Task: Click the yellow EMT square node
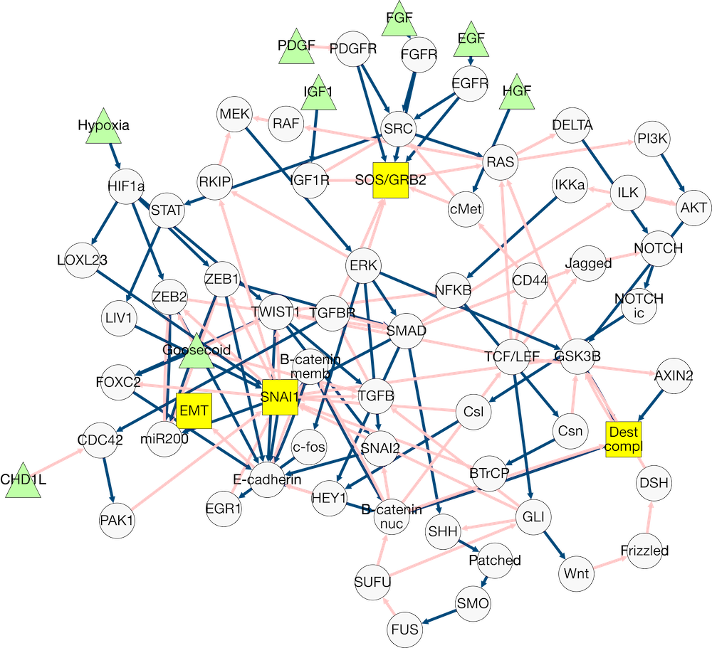(x=194, y=411)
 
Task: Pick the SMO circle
(x=473, y=604)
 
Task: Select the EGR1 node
(x=224, y=509)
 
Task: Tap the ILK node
(x=627, y=193)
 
